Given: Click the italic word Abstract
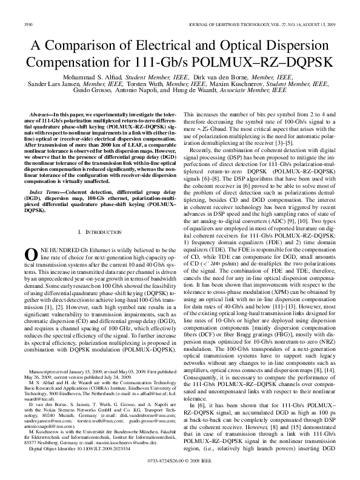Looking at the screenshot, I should pos(39,114).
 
